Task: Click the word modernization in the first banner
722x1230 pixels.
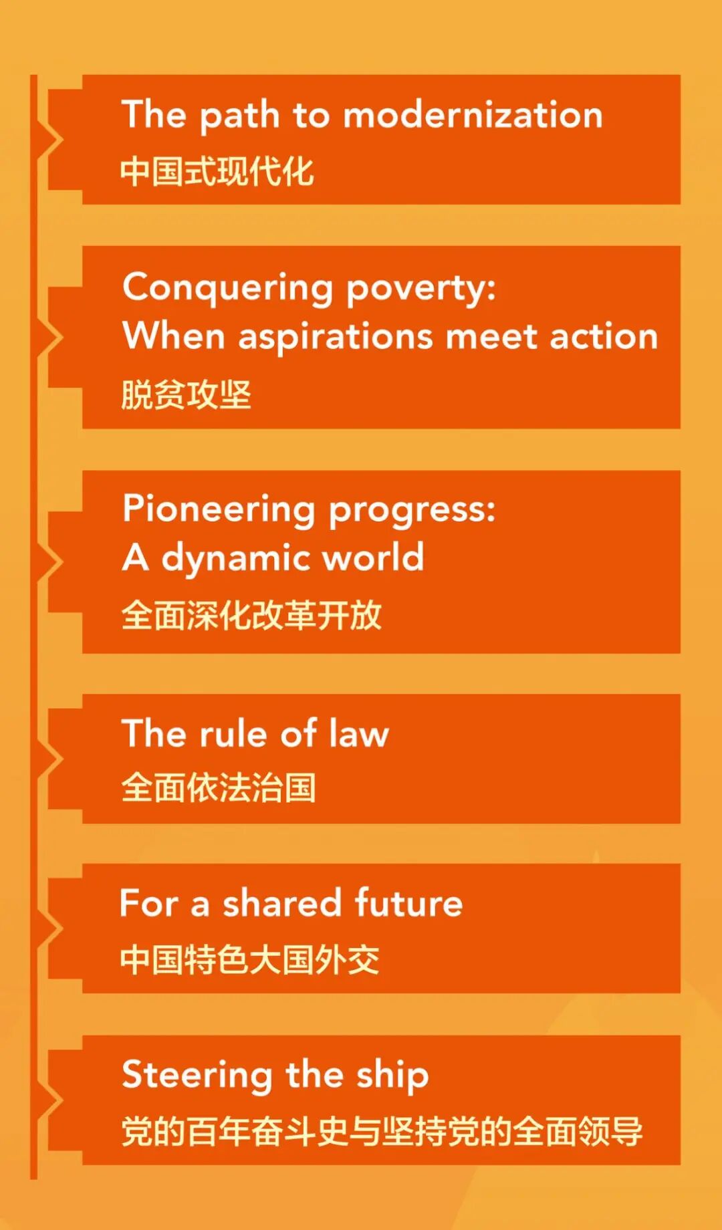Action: [x=473, y=114]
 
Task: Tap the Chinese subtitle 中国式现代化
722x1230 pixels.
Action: [x=217, y=171]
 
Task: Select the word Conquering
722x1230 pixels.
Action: [x=228, y=289]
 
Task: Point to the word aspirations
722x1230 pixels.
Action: [x=336, y=337]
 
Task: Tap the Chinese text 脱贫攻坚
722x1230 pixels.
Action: [x=186, y=394]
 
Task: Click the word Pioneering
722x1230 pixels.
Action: [x=219, y=511]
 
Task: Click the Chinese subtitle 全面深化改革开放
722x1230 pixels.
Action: [x=251, y=615]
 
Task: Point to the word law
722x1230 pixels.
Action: [x=358, y=733]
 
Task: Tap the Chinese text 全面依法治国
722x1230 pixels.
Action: [x=218, y=787]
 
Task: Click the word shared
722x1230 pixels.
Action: [x=282, y=903]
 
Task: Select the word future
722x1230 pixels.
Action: [x=408, y=903]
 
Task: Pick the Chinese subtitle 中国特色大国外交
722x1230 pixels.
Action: [x=250, y=960]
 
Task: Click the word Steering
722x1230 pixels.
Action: [x=197, y=1076]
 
